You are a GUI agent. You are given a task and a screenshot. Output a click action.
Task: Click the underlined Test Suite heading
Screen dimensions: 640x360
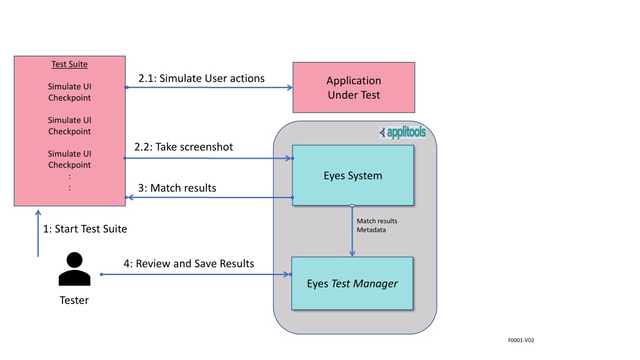pyautogui.click(x=69, y=64)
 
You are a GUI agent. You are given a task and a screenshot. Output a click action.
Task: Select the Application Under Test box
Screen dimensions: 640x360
pyautogui.click(x=354, y=87)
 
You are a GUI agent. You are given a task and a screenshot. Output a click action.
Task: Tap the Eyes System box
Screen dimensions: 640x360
pyautogui.click(x=353, y=176)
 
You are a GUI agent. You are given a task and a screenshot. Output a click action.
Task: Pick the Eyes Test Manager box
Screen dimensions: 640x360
pyautogui.click(x=352, y=283)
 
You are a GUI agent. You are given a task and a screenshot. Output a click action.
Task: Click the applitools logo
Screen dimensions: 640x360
pyautogui.click(x=402, y=132)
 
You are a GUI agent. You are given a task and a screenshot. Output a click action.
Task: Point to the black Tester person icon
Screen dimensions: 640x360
pyautogui.click(x=74, y=269)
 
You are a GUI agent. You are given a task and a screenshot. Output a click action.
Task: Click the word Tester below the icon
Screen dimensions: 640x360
pyautogui.click(x=74, y=301)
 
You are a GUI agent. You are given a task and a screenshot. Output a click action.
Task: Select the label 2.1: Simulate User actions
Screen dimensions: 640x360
pyautogui.click(x=202, y=78)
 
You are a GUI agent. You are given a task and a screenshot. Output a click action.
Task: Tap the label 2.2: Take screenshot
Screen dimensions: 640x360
pyautogui.click(x=184, y=147)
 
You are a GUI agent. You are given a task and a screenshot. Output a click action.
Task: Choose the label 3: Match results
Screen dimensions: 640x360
pyautogui.click(x=177, y=188)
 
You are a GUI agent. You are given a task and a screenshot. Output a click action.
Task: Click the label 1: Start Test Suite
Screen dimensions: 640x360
pyautogui.click(x=85, y=229)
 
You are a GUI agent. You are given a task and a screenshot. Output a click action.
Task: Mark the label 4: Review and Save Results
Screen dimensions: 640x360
pyautogui.click(x=189, y=264)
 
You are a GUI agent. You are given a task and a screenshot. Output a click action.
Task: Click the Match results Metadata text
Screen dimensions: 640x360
pyautogui.click(x=377, y=225)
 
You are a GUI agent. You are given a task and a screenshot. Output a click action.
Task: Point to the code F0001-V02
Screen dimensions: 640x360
pyautogui.click(x=521, y=340)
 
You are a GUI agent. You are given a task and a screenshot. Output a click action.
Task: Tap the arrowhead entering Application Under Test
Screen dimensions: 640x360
pyautogui.click(x=290, y=87)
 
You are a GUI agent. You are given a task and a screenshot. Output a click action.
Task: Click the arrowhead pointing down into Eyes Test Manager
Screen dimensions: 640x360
pyautogui.click(x=352, y=254)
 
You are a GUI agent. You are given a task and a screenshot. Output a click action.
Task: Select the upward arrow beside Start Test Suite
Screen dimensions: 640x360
pyautogui.click(x=38, y=234)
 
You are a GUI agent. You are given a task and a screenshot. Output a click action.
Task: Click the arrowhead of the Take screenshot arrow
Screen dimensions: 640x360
pyautogui.click(x=289, y=158)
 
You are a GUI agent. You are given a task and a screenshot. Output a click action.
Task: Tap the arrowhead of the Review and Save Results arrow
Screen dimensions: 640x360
pyautogui.click(x=287, y=274)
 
